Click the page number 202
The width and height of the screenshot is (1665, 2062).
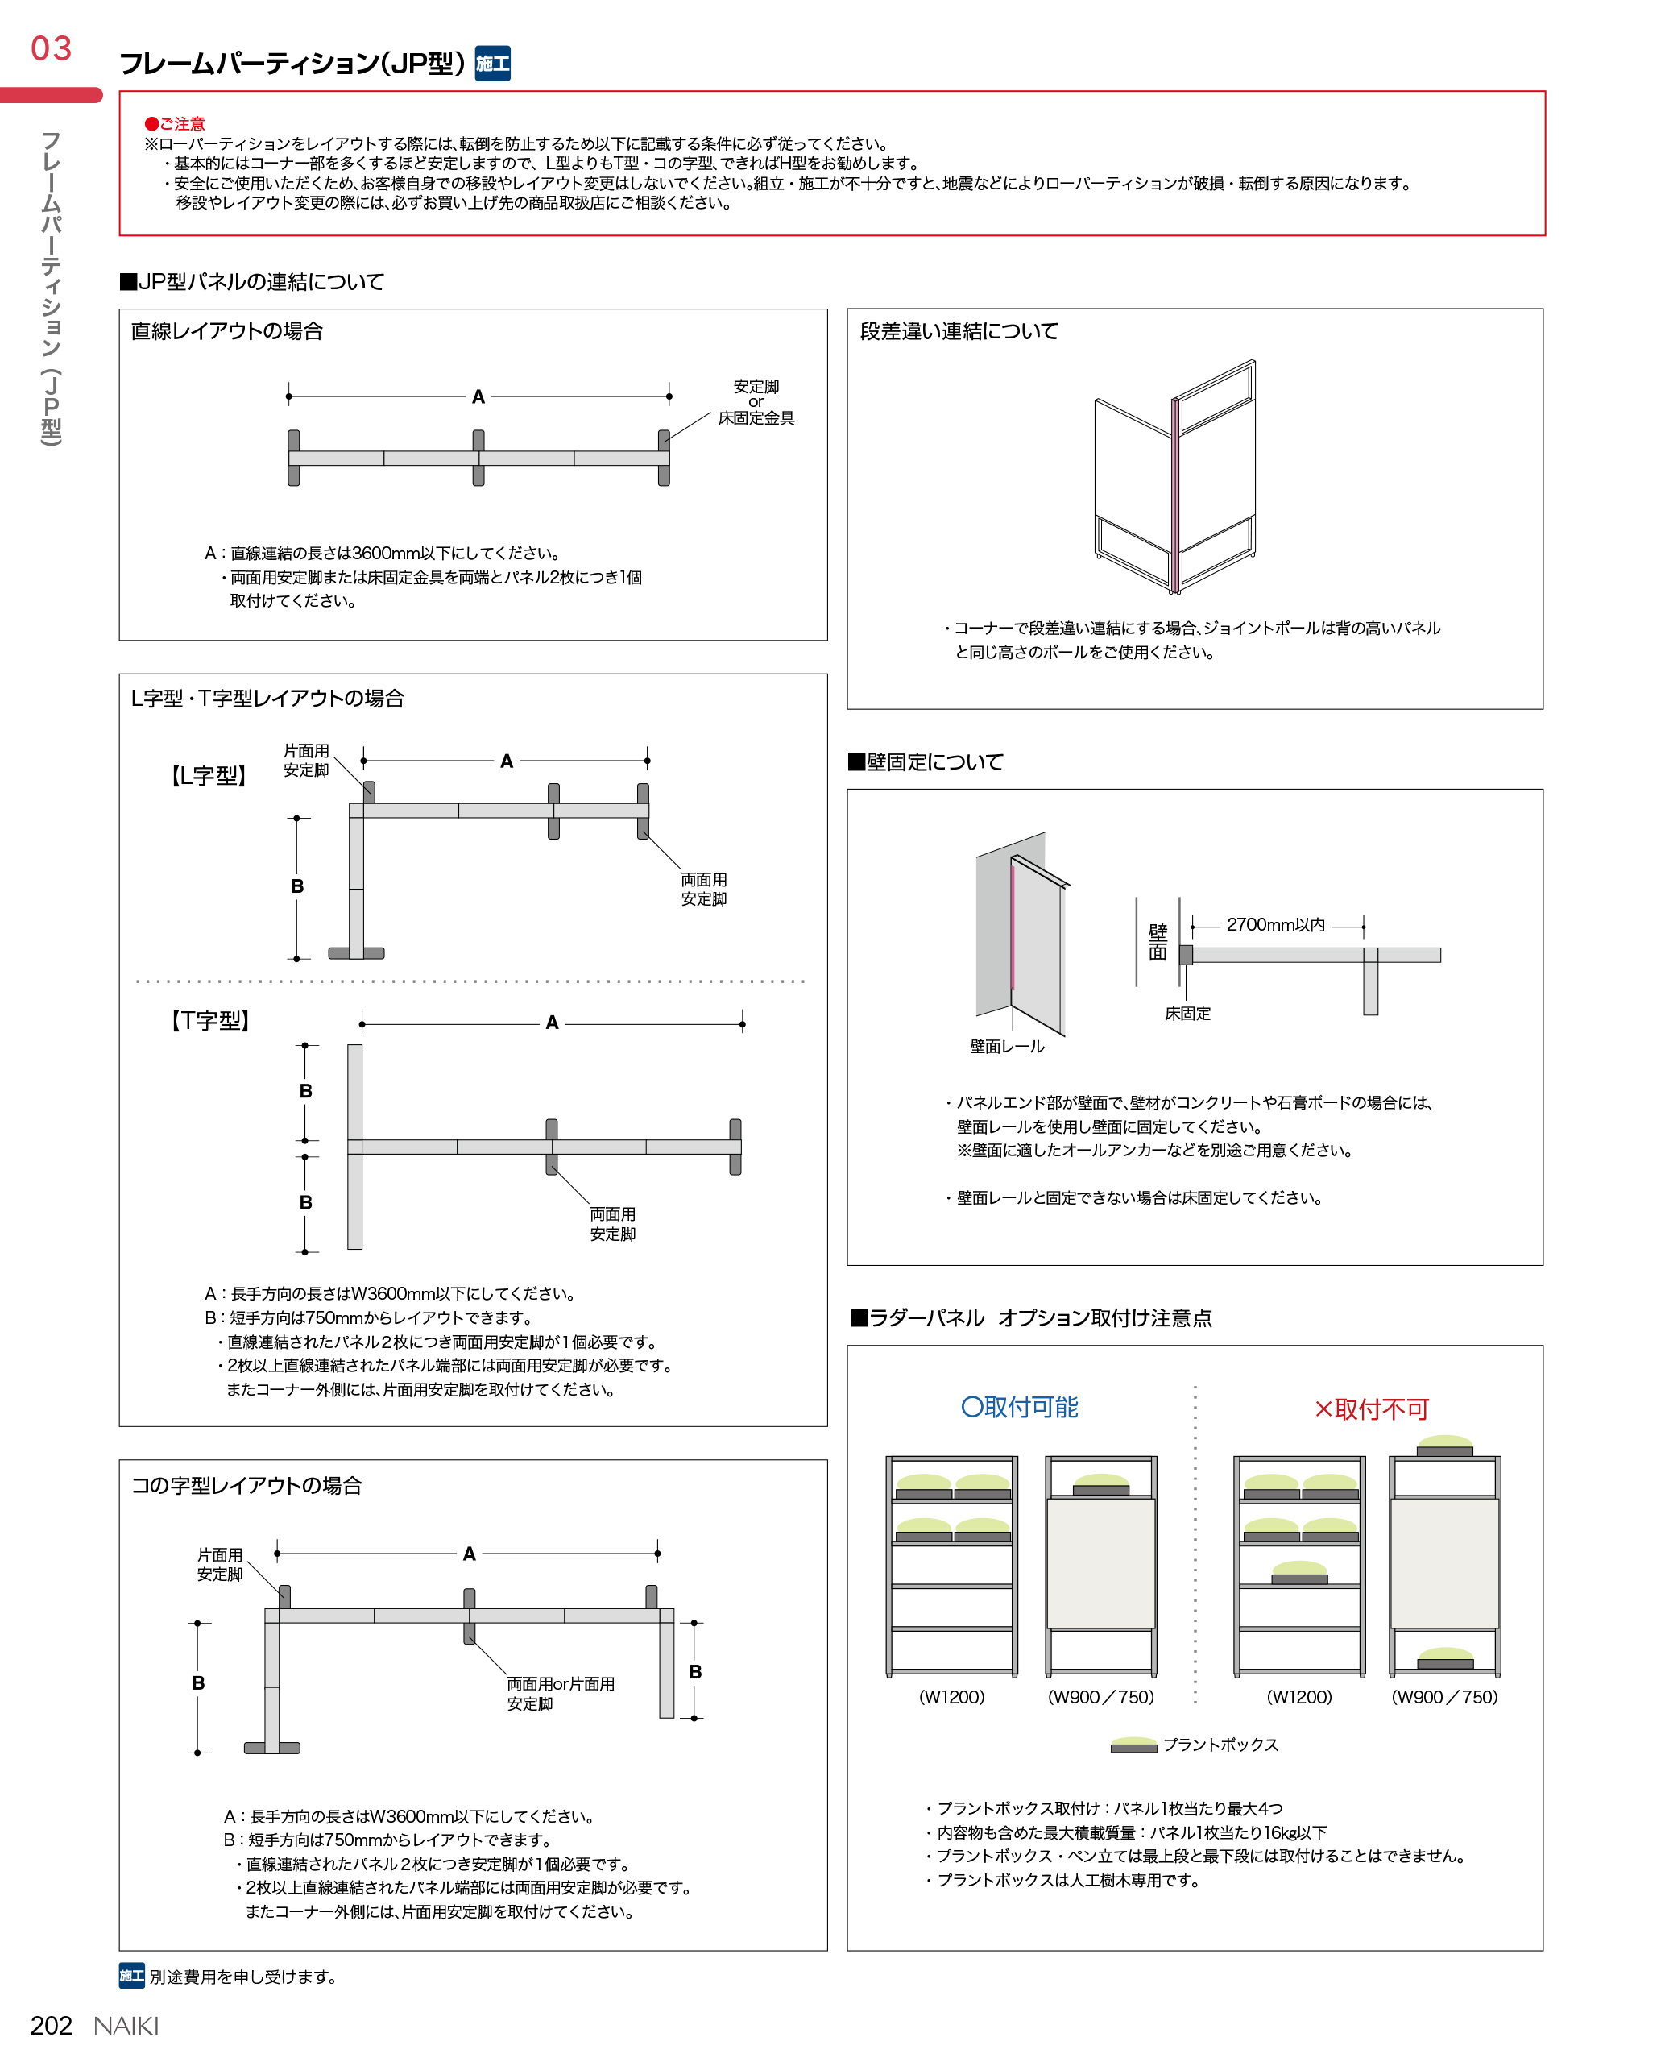tap(52, 2025)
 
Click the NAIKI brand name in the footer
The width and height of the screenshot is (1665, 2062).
tap(126, 2026)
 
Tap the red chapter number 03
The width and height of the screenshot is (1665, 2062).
tap(52, 48)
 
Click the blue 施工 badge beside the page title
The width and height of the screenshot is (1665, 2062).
tap(492, 64)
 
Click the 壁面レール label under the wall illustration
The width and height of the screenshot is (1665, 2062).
tap(1006, 1046)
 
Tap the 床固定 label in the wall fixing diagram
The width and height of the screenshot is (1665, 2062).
tap(1187, 1013)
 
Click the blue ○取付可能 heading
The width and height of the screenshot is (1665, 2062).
tap(1020, 1407)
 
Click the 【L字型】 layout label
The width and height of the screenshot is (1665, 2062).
tap(209, 775)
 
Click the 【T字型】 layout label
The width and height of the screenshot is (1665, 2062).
tap(210, 1020)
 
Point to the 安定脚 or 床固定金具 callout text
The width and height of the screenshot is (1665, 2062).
tap(756, 402)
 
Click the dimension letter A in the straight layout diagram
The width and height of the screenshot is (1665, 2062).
tap(478, 396)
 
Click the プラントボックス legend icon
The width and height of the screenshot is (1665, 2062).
tap(1133, 1745)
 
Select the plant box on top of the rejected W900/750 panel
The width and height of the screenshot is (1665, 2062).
tap(1444, 1445)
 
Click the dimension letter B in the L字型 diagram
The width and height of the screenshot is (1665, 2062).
tap(297, 886)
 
